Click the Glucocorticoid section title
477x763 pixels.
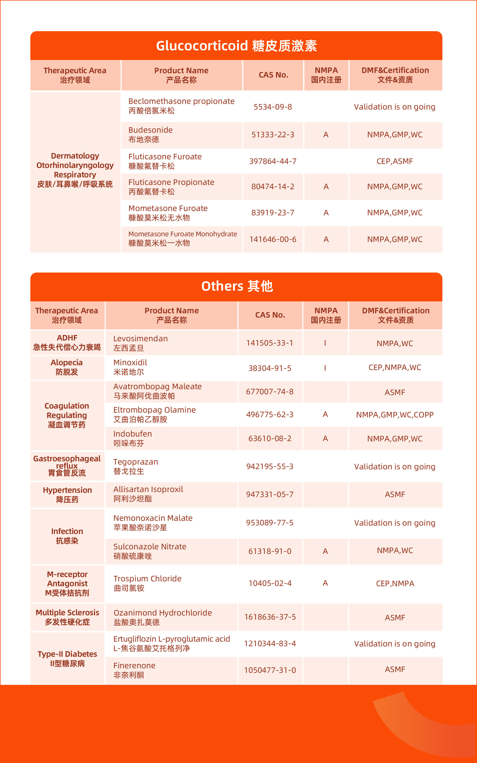(237, 46)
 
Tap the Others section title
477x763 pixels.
(237, 286)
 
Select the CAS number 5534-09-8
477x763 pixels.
(273, 107)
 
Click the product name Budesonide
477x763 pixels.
(150, 130)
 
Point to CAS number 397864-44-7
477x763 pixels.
(273, 161)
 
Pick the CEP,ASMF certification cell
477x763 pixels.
(395, 161)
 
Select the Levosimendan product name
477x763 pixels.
(141, 339)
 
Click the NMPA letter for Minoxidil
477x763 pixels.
(325, 368)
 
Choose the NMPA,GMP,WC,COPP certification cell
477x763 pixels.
(395, 415)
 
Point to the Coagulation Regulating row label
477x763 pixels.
(67, 415)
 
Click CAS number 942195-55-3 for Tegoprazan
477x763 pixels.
(270, 466)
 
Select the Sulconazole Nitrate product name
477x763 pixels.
(150, 547)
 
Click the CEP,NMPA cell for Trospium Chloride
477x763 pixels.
(395, 583)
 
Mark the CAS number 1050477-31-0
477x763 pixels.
(270, 670)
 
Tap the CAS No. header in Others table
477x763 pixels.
(270, 315)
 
